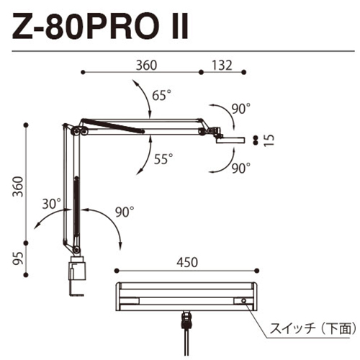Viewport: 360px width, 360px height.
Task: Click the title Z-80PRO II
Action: coord(100,26)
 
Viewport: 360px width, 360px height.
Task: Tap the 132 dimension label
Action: coord(222,66)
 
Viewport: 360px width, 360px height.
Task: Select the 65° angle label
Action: coord(162,95)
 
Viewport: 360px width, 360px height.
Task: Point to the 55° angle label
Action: coord(163,158)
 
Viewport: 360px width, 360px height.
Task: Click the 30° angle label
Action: coord(52,204)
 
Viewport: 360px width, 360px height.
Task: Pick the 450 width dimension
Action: coord(187,262)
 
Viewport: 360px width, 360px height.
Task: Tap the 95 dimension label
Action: coord(18,258)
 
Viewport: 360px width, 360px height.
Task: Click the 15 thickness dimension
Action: coord(269,140)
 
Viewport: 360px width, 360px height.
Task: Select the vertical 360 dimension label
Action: coord(18,186)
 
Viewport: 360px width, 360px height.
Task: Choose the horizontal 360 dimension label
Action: coord(146,66)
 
